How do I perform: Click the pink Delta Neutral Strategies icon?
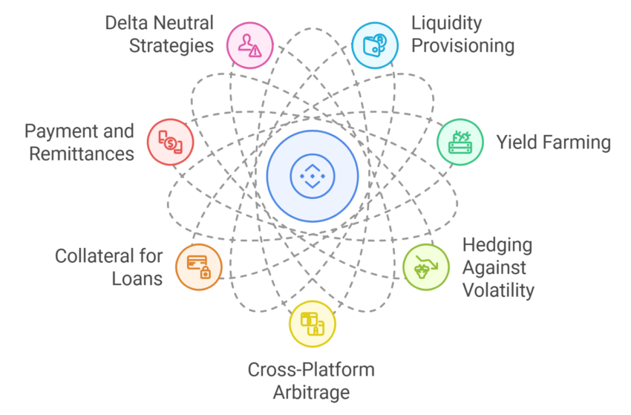point(250,45)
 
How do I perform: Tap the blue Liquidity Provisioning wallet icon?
point(375,45)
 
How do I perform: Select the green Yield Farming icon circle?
point(460,142)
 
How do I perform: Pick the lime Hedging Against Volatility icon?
point(426,267)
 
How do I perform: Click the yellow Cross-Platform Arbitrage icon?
point(313,324)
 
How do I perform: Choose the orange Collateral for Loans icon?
point(199,267)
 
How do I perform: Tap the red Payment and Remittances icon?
point(170,142)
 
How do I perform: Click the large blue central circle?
point(313,176)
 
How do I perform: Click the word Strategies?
point(171,45)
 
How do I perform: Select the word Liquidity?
point(446,24)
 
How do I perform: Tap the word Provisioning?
point(462,46)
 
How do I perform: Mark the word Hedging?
point(497,246)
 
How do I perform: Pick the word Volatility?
point(498,290)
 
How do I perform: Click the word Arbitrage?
point(312,393)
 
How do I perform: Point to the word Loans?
point(137,278)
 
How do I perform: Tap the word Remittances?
point(82,154)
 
